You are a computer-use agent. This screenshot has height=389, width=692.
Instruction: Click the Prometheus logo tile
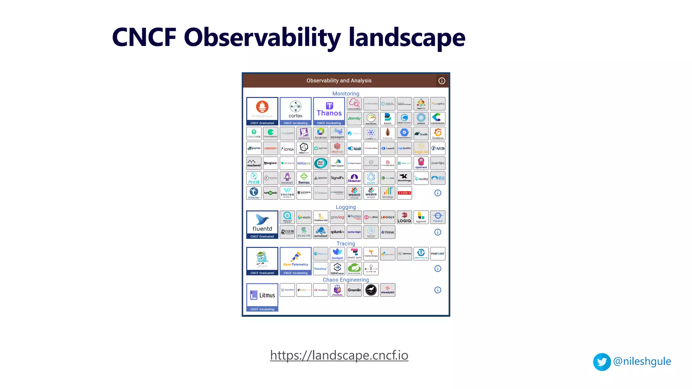(262, 111)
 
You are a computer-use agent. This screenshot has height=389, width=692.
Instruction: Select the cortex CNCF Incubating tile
(296, 111)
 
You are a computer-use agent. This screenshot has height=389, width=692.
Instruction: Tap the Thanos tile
(329, 111)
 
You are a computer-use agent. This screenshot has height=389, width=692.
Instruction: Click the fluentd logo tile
(262, 224)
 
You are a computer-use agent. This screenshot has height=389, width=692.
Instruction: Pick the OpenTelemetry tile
(296, 261)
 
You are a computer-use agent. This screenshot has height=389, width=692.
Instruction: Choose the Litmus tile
(262, 297)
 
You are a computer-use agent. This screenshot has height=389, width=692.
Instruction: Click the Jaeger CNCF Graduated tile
(262, 261)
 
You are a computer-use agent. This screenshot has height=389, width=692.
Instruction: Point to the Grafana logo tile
(438, 134)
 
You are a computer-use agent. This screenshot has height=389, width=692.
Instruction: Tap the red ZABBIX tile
(404, 193)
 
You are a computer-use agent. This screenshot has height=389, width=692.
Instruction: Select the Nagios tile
(271, 163)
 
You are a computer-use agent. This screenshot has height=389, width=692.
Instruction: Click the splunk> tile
(337, 232)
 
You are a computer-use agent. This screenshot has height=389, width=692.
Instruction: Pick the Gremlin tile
(354, 290)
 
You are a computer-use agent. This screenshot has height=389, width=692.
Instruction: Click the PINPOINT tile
(438, 254)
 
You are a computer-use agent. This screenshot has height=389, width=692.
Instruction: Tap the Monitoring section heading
(346, 94)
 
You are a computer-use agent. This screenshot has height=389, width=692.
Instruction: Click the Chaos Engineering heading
(346, 280)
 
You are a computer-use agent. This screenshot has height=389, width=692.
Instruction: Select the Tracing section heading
(346, 243)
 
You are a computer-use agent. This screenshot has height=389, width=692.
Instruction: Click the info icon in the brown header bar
(442, 81)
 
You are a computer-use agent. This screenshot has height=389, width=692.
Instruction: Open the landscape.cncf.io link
(339, 355)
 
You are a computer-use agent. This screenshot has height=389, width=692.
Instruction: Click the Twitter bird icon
(602, 362)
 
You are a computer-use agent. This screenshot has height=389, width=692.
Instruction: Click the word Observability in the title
(262, 37)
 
